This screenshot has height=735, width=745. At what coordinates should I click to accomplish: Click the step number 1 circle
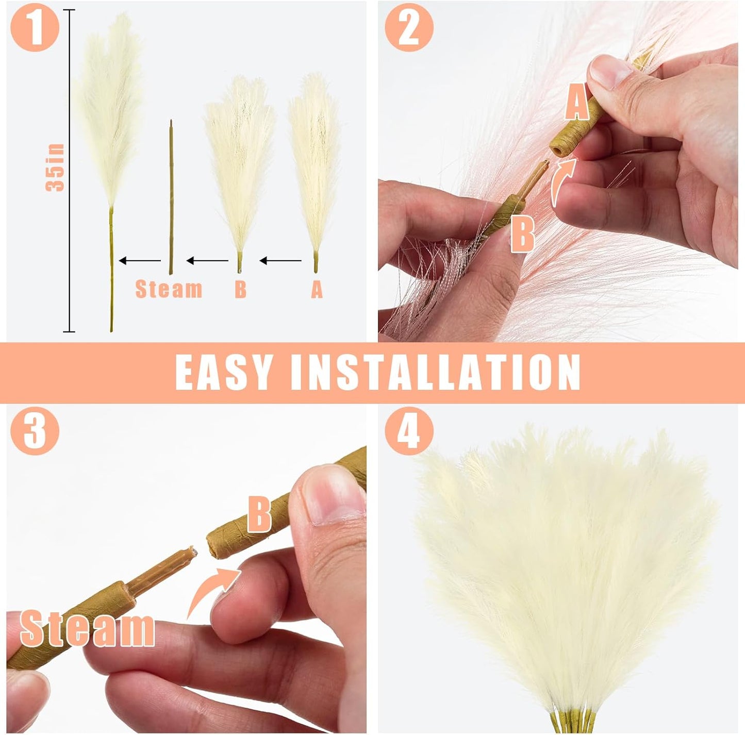[x=35, y=27]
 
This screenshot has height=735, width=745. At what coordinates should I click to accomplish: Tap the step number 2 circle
[x=409, y=27]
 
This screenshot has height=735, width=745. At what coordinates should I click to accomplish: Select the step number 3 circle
[x=35, y=430]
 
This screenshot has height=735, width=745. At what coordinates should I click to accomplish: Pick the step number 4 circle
[x=409, y=430]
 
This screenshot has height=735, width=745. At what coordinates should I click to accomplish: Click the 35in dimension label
[x=55, y=168]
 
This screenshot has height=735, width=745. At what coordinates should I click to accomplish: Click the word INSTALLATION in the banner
[x=436, y=372]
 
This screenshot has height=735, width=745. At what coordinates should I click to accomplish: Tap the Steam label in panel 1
[x=169, y=289]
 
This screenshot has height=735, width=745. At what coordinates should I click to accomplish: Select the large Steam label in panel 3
[x=87, y=628]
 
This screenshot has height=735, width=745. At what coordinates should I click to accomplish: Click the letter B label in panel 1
[x=240, y=290]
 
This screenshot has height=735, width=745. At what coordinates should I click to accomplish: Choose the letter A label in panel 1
[x=317, y=290]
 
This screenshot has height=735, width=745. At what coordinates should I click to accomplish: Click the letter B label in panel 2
[x=522, y=234]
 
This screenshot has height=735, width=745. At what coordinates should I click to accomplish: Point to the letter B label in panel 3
[x=259, y=514]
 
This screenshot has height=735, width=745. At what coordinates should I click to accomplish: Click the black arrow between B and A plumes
[x=280, y=261]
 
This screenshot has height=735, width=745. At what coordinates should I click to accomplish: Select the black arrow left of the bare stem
[x=140, y=261]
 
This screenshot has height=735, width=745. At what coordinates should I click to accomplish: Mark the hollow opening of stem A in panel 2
[x=557, y=150]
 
